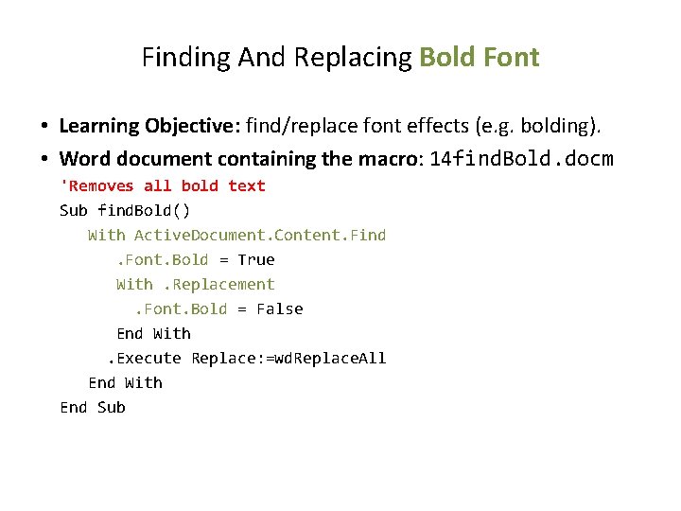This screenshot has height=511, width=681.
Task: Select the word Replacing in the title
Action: (353, 58)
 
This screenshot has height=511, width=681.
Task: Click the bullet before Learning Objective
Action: (44, 127)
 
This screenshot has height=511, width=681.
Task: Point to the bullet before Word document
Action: (44, 159)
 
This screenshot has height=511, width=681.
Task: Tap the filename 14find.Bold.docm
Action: (521, 158)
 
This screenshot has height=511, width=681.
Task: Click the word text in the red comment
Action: (247, 185)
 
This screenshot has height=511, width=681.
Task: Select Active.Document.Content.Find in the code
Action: (260, 235)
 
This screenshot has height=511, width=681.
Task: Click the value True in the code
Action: (256, 259)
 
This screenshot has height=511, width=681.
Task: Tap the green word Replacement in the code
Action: (218, 284)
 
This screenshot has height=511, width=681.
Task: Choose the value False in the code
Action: (280, 308)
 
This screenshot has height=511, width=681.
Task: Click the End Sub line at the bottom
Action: (92, 407)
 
